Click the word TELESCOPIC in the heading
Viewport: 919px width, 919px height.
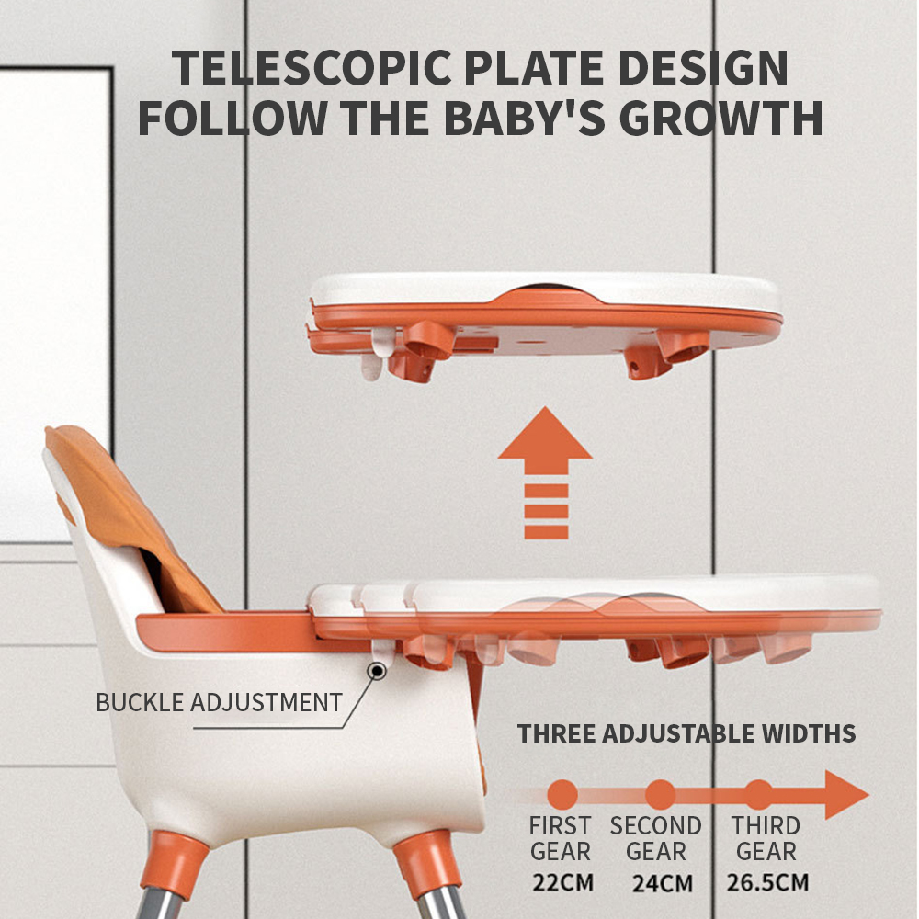point(312,67)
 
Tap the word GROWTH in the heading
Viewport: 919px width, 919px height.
point(720,118)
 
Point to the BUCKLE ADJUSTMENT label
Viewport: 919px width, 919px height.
point(220,702)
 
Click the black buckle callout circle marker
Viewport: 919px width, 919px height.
point(377,671)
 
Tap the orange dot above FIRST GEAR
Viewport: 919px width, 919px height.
point(562,795)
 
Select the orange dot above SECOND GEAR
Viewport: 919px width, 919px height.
point(661,795)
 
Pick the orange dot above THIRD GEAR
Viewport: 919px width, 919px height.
point(759,795)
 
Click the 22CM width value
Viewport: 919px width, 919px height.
point(562,882)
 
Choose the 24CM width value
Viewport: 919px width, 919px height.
point(663,883)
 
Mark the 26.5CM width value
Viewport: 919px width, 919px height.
point(767,882)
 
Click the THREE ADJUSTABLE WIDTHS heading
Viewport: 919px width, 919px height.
point(686,733)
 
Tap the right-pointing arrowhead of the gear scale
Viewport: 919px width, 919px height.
point(844,795)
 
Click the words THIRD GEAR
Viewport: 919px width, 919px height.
point(766,838)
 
